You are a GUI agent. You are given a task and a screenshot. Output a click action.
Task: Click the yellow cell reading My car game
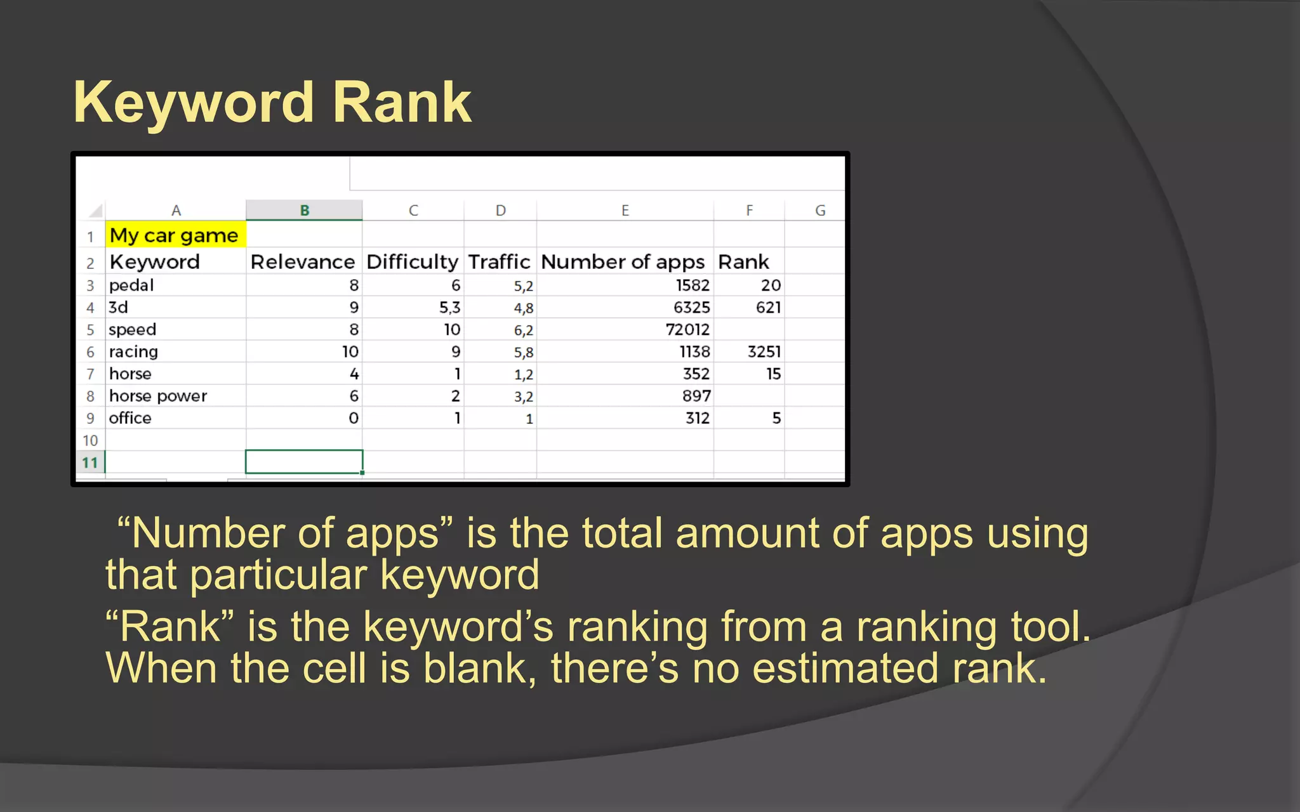click(174, 235)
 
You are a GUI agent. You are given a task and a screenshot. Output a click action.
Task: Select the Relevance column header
click(302, 262)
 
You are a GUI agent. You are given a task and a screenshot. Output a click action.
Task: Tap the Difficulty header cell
click(412, 262)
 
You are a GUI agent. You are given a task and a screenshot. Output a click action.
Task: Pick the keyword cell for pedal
click(131, 285)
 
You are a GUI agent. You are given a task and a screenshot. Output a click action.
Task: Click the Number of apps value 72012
click(687, 330)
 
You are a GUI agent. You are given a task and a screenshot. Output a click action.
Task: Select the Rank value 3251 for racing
click(764, 352)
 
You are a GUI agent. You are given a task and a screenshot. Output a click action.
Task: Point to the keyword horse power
click(158, 396)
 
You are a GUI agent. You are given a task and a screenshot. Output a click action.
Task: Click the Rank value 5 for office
click(776, 419)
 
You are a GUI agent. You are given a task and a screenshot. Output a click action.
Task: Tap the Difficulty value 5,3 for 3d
click(449, 308)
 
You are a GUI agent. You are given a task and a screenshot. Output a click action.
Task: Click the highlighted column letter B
click(304, 211)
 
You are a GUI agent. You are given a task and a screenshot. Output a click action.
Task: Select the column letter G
click(819, 211)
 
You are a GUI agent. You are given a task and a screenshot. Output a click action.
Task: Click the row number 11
click(90, 462)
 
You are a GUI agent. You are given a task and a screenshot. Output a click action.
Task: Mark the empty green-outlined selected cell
click(304, 462)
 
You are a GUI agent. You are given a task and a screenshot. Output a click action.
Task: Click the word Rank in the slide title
click(402, 103)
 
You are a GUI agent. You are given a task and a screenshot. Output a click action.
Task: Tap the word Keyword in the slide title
click(194, 103)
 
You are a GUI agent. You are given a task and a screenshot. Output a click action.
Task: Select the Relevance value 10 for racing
click(350, 352)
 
